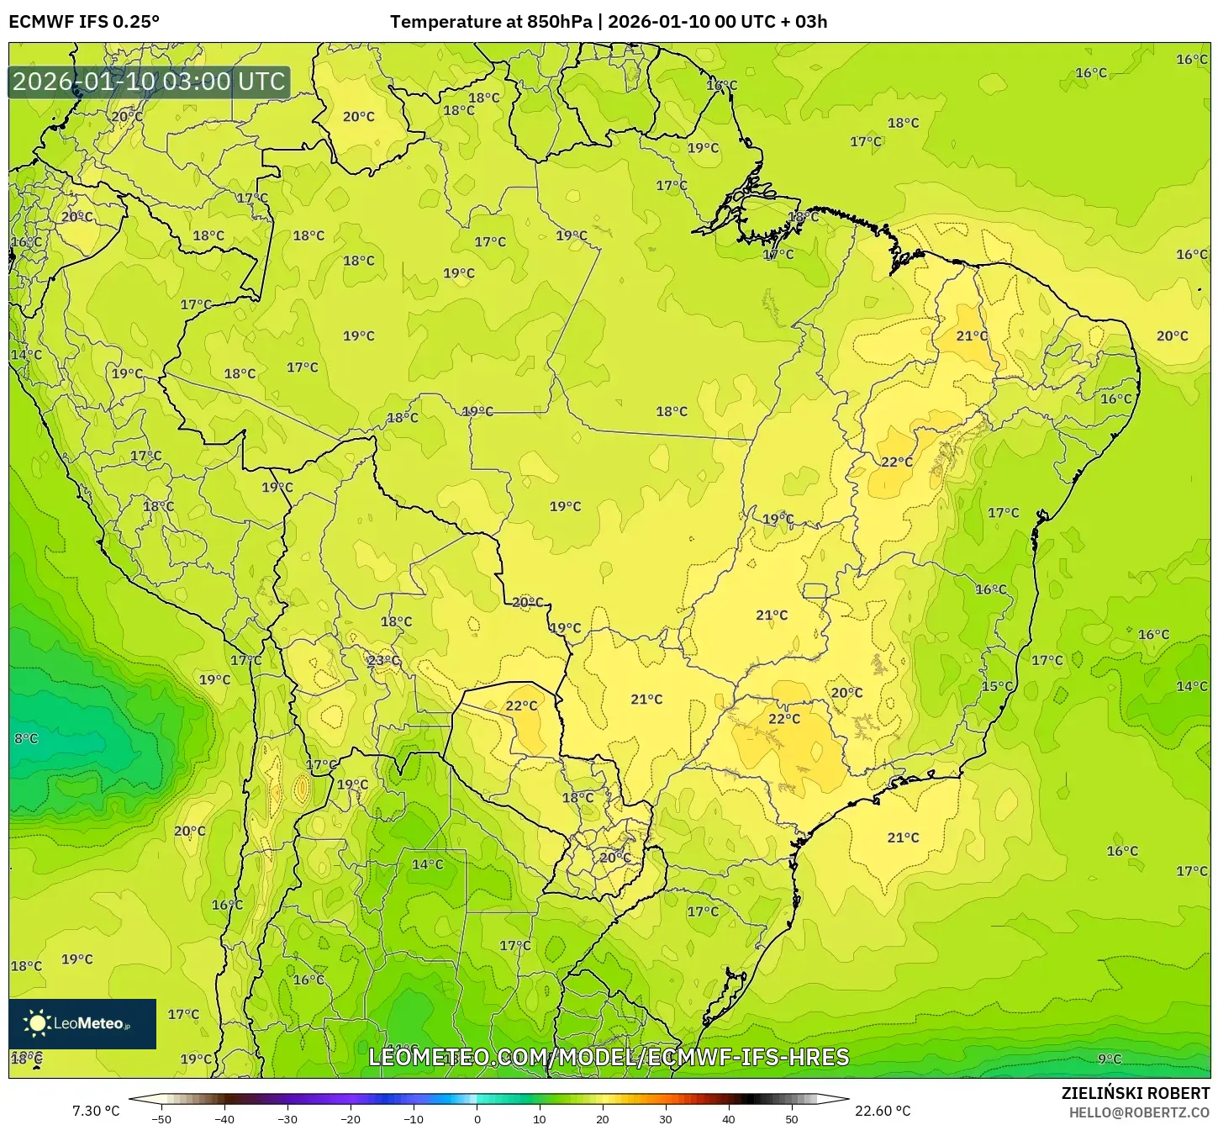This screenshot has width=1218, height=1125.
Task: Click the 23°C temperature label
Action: [383, 661]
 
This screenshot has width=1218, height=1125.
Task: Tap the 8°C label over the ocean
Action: [26, 739]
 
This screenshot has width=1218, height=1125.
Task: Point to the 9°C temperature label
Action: [1110, 1059]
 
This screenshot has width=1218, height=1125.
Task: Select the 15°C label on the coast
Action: [997, 686]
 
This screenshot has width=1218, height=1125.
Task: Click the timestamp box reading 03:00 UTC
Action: [150, 82]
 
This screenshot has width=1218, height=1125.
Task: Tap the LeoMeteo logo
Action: [82, 1023]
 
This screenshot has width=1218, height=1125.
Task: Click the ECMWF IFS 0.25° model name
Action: [84, 22]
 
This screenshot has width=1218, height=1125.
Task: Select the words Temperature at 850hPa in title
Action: [491, 22]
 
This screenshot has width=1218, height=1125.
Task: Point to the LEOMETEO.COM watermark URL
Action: [609, 1057]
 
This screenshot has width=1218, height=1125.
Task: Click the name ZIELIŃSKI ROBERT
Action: [1136, 1093]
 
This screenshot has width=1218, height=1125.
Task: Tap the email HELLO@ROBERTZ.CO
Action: [1139, 1112]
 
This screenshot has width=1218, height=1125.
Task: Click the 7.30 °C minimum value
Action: [96, 1111]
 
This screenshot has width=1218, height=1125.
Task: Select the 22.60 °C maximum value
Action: [883, 1111]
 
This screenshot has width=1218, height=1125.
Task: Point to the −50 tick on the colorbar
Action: [161, 1119]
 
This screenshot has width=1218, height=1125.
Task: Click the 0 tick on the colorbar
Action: [477, 1119]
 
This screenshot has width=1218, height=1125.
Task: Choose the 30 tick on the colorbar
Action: [666, 1119]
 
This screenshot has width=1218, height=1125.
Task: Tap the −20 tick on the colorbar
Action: [351, 1119]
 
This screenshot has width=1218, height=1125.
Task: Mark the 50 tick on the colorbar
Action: [792, 1119]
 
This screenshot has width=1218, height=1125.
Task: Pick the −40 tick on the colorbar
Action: [224, 1119]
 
